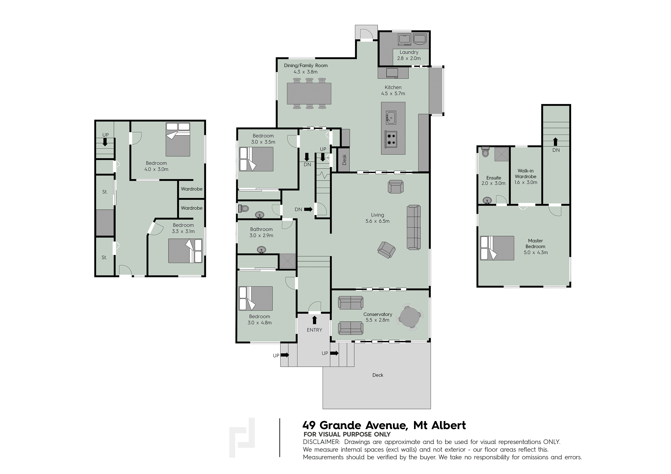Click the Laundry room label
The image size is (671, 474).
(x=409, y=52)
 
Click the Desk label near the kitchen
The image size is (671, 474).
(x=344, y=160)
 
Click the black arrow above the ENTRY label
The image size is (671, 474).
(x=314, y=320)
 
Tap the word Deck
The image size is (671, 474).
(x=378, y=375)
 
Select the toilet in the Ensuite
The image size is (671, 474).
(x=485, y=152)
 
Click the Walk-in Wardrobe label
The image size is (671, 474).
(x=525, y=174)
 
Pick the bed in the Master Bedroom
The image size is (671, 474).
(x=497, y=248)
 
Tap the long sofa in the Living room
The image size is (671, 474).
(x=414, y=227)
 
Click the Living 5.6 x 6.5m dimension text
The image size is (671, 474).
(x=377, y=221)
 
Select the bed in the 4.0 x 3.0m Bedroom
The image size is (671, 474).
(x=178, y=139)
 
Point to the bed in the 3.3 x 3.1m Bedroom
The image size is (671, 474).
(x=185, y=251)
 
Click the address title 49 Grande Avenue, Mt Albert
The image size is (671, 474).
(x=384, y=425)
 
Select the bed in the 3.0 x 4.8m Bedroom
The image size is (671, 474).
(x=256, y=298)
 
